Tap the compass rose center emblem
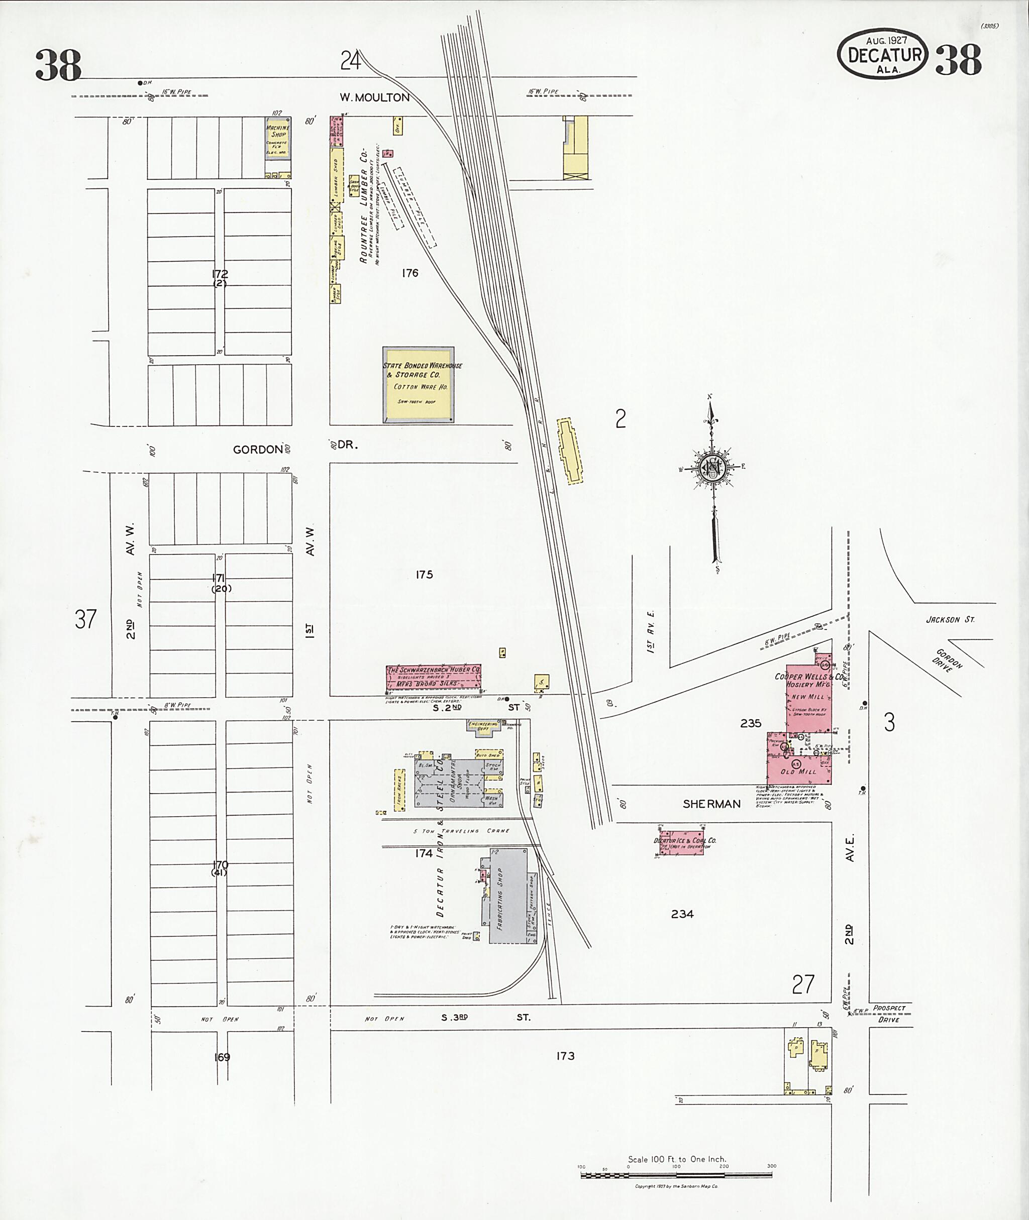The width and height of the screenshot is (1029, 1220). (x=713, y=467)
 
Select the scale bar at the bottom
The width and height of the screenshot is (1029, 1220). (x=677, y=1174)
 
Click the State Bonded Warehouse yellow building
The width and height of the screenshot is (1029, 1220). (x=418, y=385)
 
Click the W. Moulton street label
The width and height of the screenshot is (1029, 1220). (x=374, y=97)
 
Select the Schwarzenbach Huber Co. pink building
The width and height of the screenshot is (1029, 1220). (x=434, y=677)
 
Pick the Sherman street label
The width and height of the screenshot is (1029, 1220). (x=711, y=804)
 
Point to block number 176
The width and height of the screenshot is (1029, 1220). (x=409, y=273)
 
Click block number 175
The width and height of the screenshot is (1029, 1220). (x=424, y=575)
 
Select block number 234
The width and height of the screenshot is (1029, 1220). (x=682, y=914)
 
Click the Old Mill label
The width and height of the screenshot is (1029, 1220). (x=798, y=771)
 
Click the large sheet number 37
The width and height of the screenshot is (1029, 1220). (x=85, y=619)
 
